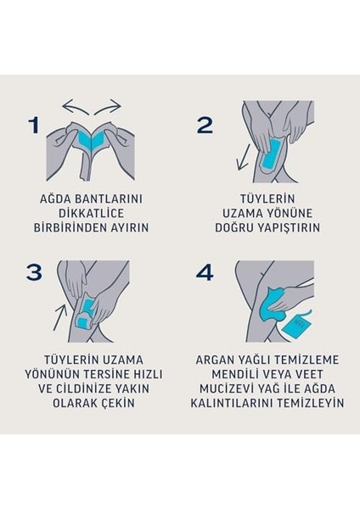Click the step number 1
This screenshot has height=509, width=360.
34,126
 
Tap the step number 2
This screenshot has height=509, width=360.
205,126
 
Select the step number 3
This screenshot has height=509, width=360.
34,272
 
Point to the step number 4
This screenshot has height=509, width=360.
205,273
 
